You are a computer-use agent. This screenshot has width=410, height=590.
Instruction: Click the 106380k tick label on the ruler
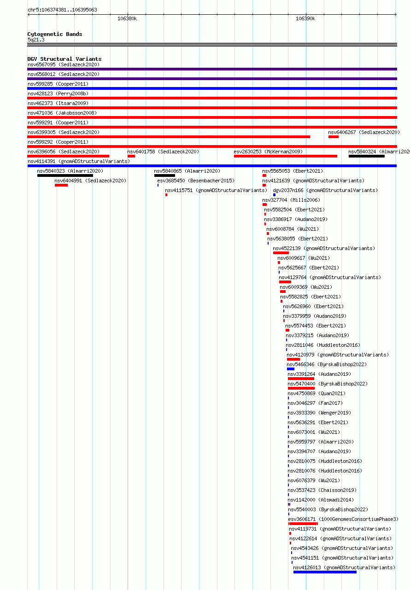pos(127,19)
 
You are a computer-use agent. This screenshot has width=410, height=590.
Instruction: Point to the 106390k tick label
pos(305,19)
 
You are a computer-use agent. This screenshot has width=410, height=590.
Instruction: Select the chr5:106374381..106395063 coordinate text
pos(63,10)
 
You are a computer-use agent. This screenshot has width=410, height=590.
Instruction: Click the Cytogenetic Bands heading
pos(55,34)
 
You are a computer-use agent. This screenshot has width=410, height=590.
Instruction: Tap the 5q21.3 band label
pos(36,40)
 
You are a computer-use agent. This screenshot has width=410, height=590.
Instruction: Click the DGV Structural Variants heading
pos(64,59)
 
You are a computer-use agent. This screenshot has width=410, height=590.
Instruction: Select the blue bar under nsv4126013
pos(325,572)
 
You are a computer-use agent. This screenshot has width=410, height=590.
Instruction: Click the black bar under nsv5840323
pos(65,175)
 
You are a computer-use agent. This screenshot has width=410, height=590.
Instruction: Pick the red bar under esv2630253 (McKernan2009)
pos(286,156)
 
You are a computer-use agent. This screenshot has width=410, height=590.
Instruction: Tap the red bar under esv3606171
pos(303,524)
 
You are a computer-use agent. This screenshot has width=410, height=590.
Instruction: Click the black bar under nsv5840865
pos(164,175)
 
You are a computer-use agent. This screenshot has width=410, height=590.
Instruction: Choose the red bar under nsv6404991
pos(61,185)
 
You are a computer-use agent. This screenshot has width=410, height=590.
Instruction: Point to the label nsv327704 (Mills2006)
pos(291,200)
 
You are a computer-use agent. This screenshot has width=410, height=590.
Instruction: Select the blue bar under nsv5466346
pos(291,369)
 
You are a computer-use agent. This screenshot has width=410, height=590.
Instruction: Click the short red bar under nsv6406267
pos(334,137)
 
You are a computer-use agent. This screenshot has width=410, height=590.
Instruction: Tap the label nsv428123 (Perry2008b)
pos(58,94)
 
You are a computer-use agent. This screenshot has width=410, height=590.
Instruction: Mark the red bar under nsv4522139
pos(281,253)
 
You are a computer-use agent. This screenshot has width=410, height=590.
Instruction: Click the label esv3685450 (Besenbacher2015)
pos(196,181)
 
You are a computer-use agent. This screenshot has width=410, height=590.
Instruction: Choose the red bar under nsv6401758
pos(131,156)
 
